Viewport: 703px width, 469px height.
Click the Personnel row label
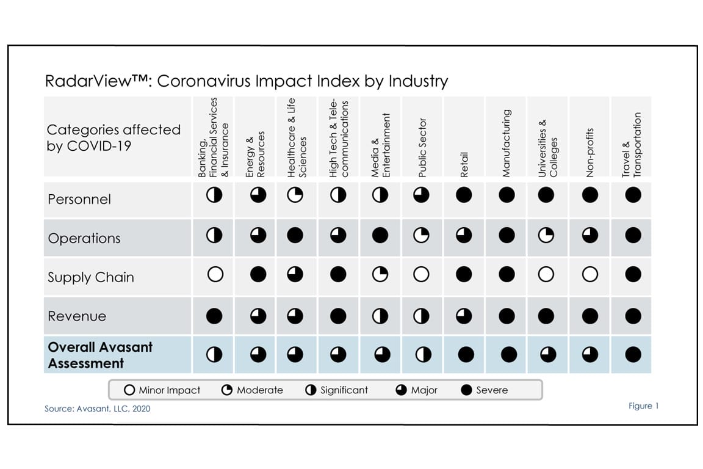click(79, 199)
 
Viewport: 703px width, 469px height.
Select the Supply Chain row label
click(90, 277)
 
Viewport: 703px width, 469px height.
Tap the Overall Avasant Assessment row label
click(100, 355)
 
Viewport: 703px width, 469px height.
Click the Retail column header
click(464, 165)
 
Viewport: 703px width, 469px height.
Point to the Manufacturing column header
click(507, 144)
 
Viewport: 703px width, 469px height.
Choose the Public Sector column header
click(422, 148)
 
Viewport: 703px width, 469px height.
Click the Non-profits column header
click(589, 153)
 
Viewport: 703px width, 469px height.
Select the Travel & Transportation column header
click(632, 145)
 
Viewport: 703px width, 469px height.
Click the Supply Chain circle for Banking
click(214, 275)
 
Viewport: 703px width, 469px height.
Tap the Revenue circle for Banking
click(214, 316)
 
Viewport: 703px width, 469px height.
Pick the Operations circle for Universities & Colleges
click(546, 235)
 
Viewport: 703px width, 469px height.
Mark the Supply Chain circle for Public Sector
click(422, 275)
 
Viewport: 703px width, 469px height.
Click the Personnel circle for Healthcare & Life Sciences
click(295, 195)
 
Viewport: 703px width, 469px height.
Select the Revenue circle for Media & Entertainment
click(380, 316)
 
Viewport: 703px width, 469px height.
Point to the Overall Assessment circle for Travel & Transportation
click(633, 354)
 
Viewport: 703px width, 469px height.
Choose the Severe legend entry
click(485, 390)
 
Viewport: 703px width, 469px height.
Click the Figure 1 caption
click(643, 406)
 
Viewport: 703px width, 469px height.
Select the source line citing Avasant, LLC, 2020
click(97, 409)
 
